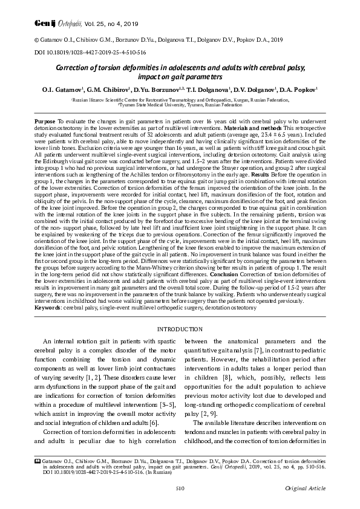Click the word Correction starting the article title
76,69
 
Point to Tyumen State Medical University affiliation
180,103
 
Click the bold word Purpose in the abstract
47,121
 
